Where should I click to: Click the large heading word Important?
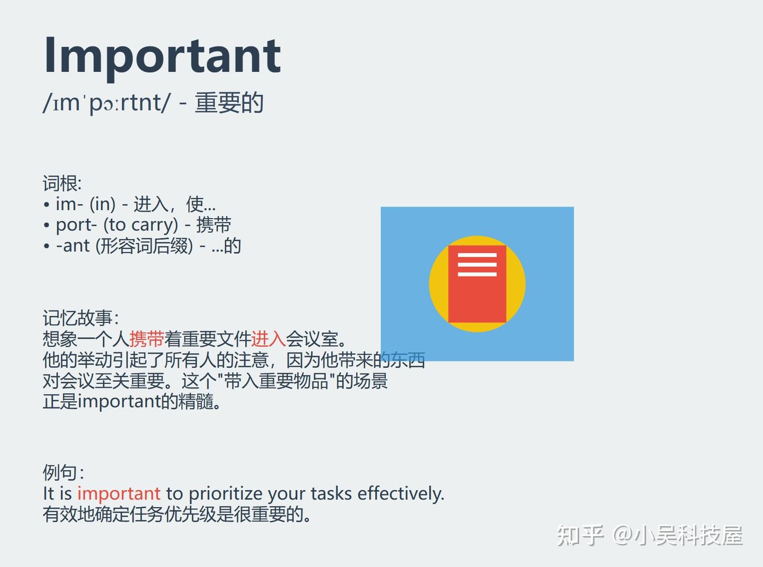[162, 57]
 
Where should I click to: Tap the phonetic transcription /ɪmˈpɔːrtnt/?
[107, 103]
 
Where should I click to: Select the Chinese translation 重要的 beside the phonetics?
[229, 103]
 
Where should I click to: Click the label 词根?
[63, 183]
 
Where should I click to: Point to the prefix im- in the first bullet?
[69, 204]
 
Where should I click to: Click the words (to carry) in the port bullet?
[141, 225]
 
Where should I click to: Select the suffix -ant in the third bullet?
[73, 246]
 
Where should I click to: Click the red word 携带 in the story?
[147, 339]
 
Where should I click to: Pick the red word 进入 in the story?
[268, 339]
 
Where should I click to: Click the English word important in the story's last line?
[119, 402]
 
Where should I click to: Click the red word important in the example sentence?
[119, 494]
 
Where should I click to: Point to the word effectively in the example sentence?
[401, 493]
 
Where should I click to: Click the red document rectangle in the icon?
[477, 284]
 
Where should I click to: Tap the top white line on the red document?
[477, 255]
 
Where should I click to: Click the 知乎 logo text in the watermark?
[580, 535]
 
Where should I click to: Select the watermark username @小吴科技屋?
[677, 535]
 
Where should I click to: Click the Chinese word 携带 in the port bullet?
[214, 225]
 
